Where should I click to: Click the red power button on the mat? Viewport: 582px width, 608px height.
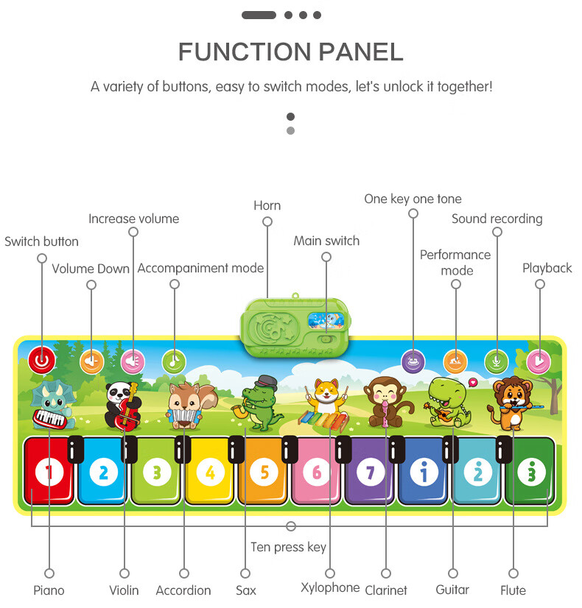pos(42,361)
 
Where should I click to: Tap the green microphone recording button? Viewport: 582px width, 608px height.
pos(497,361)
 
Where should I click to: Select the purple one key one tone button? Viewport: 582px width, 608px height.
pos(413,361)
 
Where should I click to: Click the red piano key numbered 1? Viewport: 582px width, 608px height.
pos(49,471)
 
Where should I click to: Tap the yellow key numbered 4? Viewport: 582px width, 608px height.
pos(210,471)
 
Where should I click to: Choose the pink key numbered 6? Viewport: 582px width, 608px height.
pos(317,471)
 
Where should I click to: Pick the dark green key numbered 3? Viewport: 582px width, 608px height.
pos(531,471)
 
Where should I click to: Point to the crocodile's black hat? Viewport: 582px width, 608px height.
pos(266,383)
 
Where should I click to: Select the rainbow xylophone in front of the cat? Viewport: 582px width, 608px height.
pos(323,421)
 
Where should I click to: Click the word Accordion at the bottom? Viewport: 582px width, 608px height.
pos(183,590)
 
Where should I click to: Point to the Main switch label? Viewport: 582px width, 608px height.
pos(326,241)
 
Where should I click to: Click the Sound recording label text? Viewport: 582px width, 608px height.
pos(497,219)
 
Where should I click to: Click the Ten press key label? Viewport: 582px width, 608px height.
pos(288,547)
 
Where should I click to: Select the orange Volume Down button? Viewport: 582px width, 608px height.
pos(91,361)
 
